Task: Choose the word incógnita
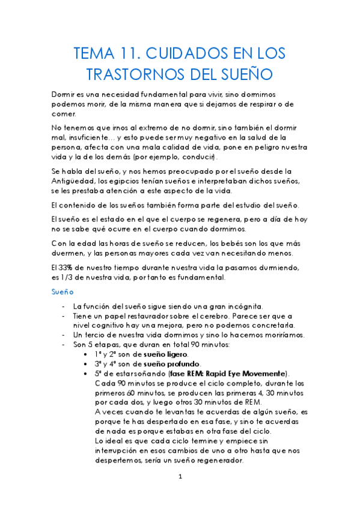point(242,306)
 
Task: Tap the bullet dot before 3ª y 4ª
point(89,364)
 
